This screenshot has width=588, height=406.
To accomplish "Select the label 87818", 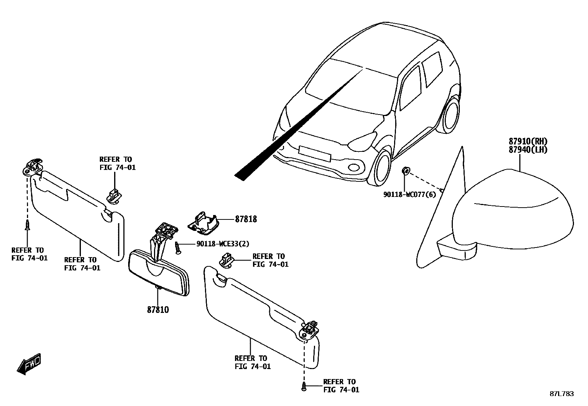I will click(246, 219).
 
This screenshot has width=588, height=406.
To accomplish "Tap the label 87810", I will click(158, 310).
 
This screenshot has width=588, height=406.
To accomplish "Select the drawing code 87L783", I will click(561, 394).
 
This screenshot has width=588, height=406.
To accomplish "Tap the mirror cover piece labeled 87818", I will click(203, 224).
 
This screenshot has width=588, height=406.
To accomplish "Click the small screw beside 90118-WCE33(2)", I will click(178, 248).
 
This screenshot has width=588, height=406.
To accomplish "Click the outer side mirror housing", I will click(512, 211).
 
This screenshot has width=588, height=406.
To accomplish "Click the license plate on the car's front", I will click(314, 153).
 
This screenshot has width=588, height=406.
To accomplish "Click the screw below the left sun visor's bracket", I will click(27, 225).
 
